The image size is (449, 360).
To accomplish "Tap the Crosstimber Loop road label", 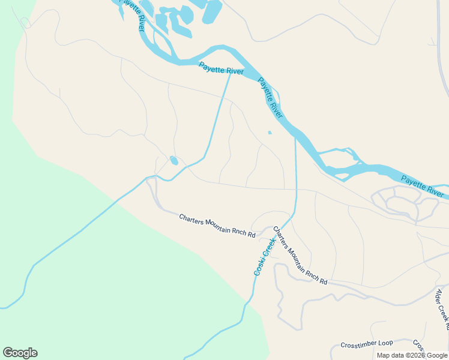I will point(366,344).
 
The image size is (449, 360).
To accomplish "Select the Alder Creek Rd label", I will point(442,307).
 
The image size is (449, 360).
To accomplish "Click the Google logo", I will point(20,353).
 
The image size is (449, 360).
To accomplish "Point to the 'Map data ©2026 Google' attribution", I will point(412,355).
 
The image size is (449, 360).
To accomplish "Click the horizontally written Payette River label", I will point(221,70).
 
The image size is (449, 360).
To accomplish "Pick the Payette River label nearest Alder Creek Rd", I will point(422,186).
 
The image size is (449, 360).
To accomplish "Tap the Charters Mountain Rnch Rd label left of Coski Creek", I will point(217,224).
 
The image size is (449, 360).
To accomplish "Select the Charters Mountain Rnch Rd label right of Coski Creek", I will point(300,255).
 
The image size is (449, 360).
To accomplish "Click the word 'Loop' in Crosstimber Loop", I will point(385,343).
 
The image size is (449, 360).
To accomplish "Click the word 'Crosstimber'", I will point(358,344).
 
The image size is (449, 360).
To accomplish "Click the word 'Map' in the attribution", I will point(383,355).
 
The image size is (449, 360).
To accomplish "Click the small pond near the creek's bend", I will point(174,160).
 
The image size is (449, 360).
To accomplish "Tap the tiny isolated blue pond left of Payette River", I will point(270,133).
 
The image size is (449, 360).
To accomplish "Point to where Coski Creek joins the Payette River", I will point(295,137).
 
